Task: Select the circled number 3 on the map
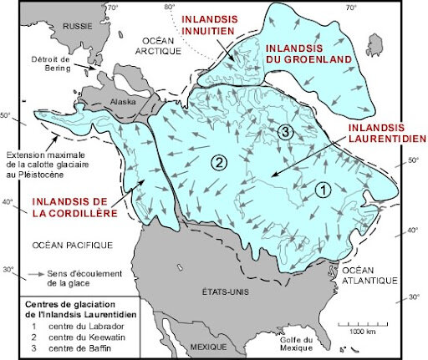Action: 285,132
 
